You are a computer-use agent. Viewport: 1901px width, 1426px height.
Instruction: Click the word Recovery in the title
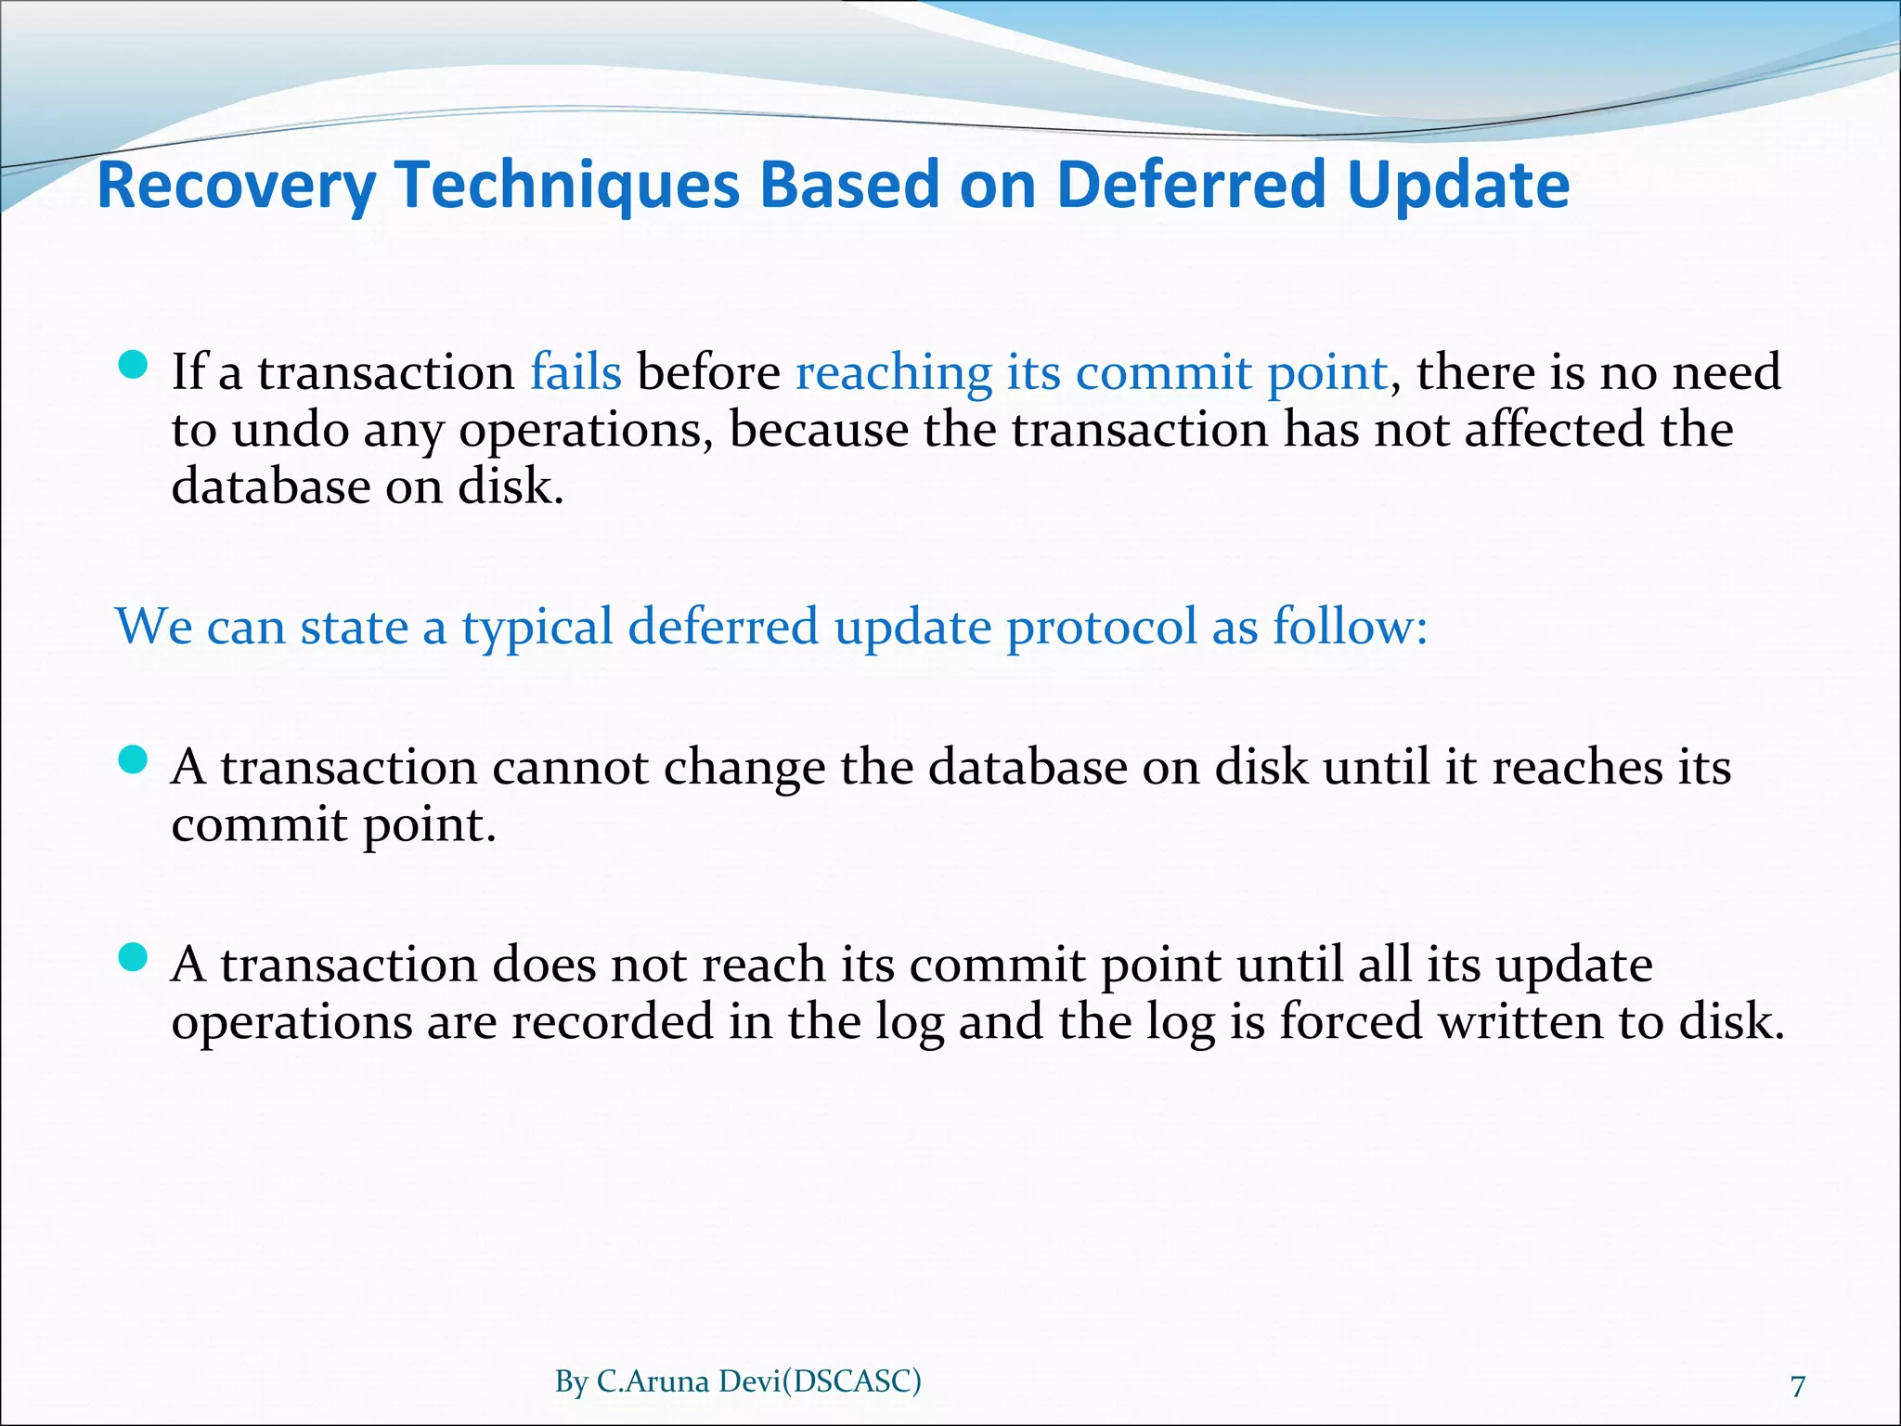tap(236, 187)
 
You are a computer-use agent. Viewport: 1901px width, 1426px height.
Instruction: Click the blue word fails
tap(575, 372)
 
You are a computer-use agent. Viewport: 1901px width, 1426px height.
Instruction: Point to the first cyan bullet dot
tap(134, 366)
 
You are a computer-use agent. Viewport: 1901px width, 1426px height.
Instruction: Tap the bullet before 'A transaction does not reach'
tap(134, 958)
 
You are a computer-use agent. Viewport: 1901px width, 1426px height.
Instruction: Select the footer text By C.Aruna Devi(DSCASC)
tap(738, 1381)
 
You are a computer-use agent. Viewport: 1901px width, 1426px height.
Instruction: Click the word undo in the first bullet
tap(290, 430)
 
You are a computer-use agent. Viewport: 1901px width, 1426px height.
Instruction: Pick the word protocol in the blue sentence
tap(1101, 627)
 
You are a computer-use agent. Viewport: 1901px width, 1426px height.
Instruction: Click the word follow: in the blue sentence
tap(1350, 627)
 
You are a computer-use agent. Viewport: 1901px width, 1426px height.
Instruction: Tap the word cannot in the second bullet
tap(569, 768)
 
